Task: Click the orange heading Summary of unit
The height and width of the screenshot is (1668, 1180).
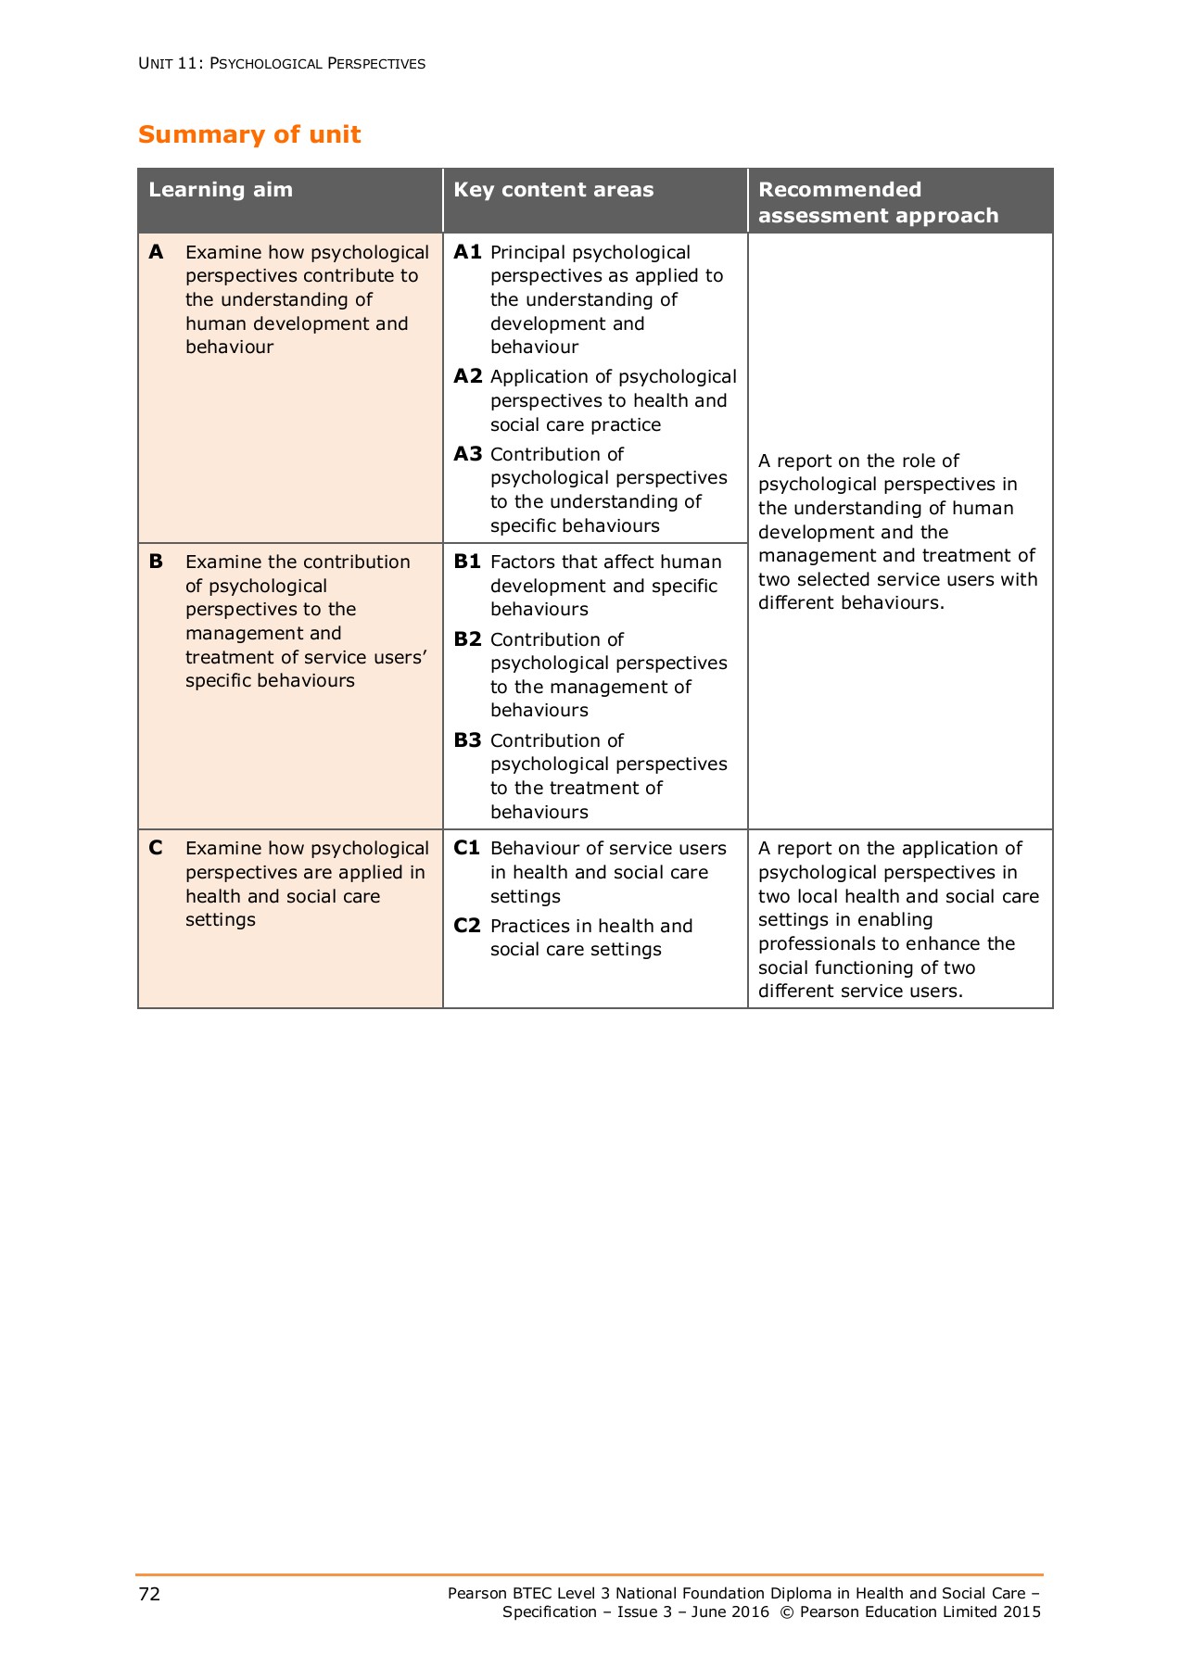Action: pos(249,135)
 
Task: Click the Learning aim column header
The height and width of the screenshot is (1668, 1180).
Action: pos(221,190)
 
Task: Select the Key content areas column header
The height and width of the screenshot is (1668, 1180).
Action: pos(553,190)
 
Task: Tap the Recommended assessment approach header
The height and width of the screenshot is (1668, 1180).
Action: pos(878,202)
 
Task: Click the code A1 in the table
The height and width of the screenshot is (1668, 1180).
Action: pos(467,252)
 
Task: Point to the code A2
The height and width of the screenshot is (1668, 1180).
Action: pos(468,376)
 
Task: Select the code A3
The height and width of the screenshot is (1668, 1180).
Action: pos(468,454)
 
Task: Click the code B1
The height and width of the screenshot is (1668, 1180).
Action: pos(467,562)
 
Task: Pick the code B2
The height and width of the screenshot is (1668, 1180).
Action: pos(468,639)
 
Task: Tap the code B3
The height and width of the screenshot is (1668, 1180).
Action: pos(468,740)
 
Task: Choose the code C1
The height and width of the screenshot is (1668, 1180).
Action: pos(467,848)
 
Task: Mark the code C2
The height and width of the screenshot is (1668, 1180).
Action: pos(467,926)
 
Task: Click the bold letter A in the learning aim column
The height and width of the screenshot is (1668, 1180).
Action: pos(156,252)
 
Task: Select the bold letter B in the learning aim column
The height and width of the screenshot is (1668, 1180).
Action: pos(156,562)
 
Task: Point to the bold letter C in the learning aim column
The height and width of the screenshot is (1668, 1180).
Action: pos(156,848)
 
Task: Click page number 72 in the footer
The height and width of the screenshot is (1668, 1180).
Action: pos(149,1594)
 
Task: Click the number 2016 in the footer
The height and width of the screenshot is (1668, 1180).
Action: pos(749,1612)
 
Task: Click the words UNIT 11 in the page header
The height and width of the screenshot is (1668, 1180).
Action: pos(168,64)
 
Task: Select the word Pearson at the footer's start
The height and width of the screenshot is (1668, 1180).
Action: pos(477,1594)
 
